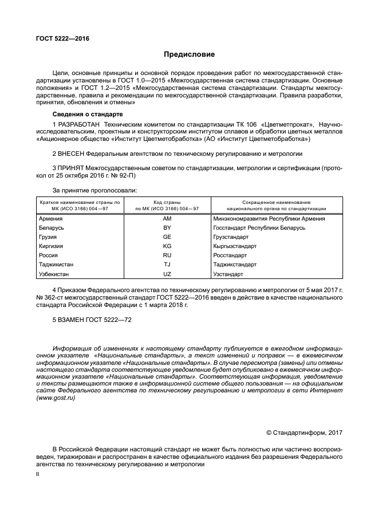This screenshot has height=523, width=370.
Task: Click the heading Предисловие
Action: click(189, 55)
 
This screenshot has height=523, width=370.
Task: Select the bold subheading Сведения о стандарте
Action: click(84, 115)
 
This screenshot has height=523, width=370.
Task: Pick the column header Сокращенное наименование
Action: click(277, 202)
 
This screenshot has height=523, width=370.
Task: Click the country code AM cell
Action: click(167, 219)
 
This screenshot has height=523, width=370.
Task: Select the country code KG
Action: click(167, 246)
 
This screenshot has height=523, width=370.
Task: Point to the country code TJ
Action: click(167, 265)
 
